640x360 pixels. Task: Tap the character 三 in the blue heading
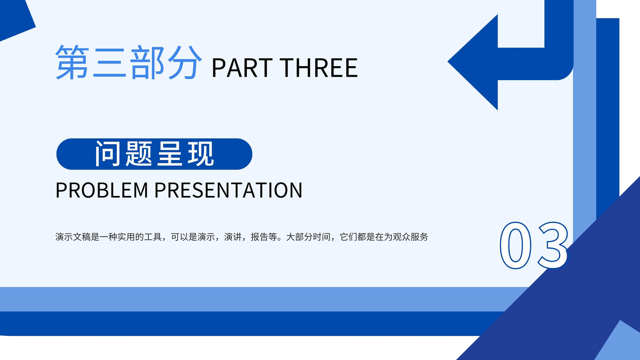coord(110,62)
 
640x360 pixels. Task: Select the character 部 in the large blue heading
coord(148,62)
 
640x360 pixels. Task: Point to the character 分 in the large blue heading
coord(185,62)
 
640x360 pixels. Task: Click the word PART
coord(242,68)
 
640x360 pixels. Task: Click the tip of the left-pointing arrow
coord(448,62)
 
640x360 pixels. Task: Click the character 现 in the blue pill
coord(200,154)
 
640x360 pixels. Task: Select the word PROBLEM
coord(102,190)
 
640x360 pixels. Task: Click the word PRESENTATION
coord(228,190)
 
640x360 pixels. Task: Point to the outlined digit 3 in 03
coord(553,246)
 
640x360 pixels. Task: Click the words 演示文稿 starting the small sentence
coord(73,237)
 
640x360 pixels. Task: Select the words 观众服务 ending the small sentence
coord(410,237)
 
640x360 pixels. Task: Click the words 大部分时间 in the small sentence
coord(308,237)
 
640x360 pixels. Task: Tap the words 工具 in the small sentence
coord(153,237)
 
